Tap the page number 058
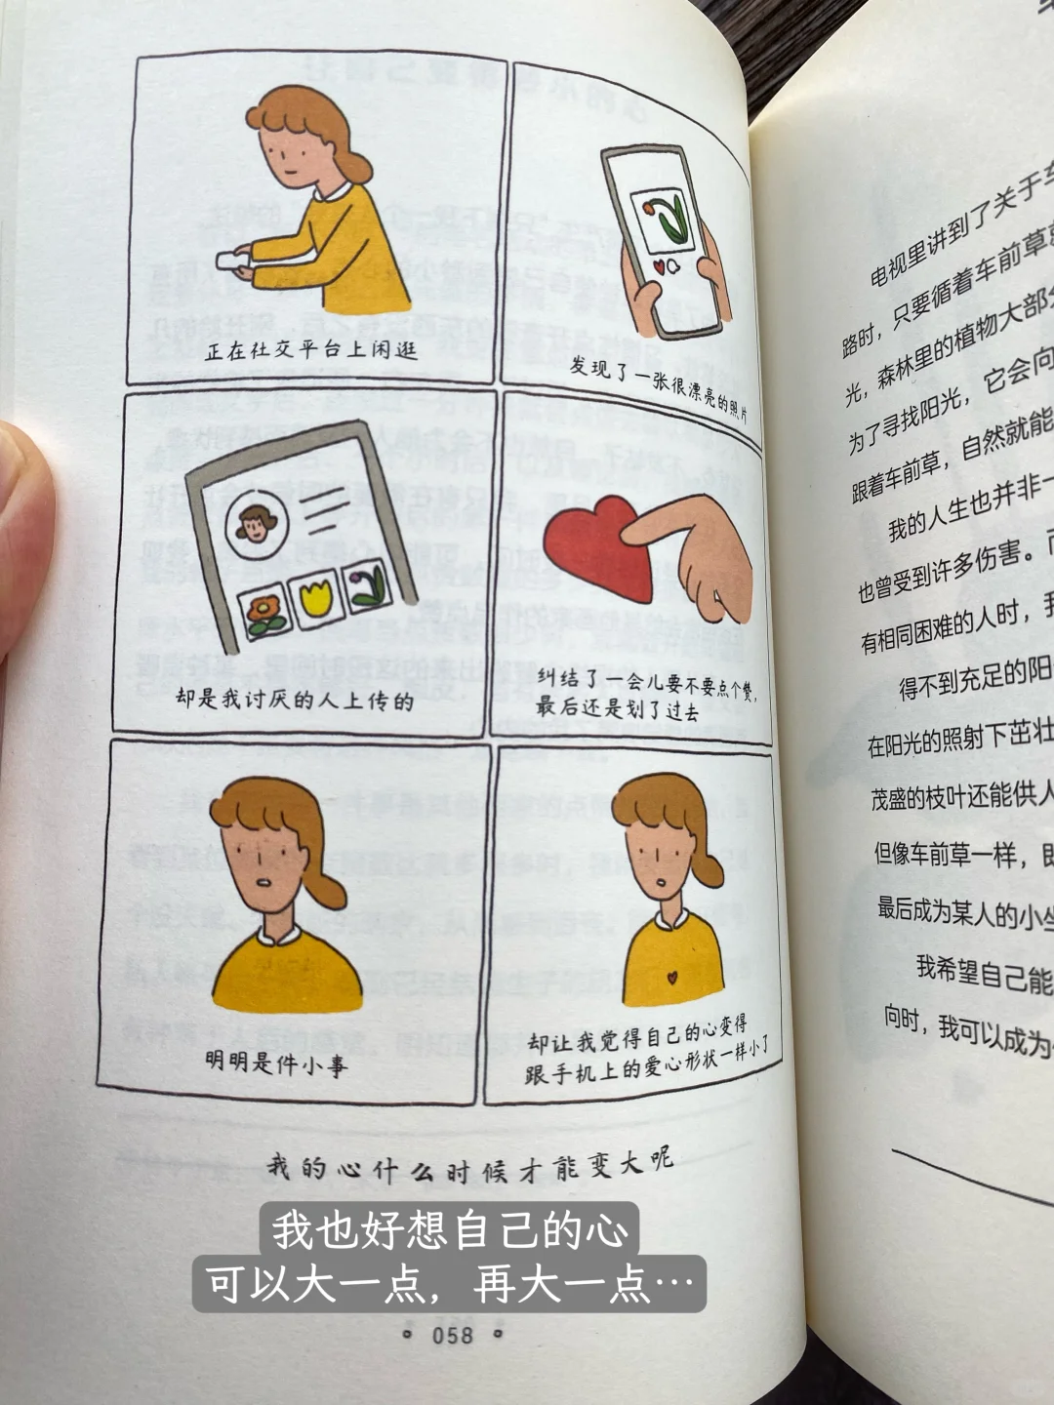[452, 1334]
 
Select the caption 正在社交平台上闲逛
[311, 349]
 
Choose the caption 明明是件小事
[276, 1063]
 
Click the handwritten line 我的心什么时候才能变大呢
[470, 1165]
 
